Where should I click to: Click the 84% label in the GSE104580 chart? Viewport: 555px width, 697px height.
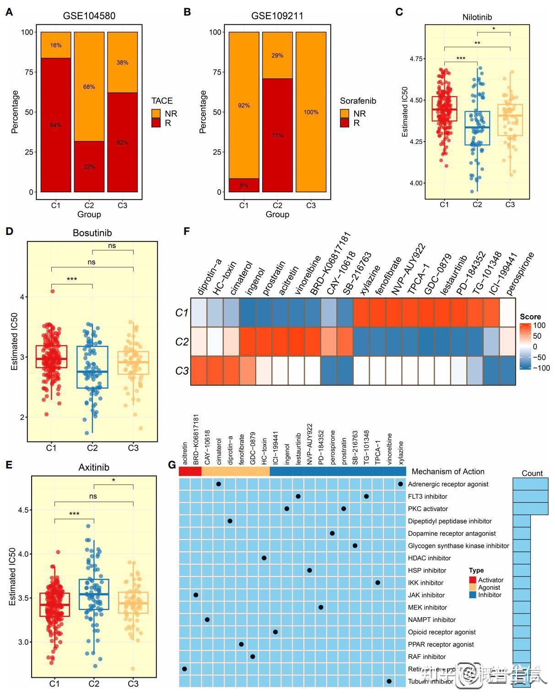pos(56,125)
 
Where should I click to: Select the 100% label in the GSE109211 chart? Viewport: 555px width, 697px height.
pos(311,112)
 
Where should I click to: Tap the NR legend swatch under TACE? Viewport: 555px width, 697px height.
pos(156,114)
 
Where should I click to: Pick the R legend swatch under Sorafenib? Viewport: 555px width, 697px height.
pos(345,123)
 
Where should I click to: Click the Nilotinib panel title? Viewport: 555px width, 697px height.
pos(477,17)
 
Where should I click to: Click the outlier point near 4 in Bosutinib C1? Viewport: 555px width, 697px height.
pos(53,291)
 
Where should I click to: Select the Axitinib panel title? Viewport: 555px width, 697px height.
pos(94,468)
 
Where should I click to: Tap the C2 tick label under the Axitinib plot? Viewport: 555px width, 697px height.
pos(94,684)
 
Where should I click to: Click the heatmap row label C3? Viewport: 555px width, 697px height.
pos(182,370)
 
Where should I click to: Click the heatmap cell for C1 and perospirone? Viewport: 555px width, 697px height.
pos(507,312)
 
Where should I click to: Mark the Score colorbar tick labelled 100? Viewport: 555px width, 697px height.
pos(539,326)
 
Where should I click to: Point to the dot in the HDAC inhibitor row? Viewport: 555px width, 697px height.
pos(264,558)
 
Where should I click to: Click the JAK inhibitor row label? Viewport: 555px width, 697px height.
pos(426,595)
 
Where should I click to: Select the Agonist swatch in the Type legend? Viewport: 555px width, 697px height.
pos(473,588)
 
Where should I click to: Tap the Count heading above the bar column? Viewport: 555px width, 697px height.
pos(532,473)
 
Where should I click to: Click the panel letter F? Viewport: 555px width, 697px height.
pos(187,231)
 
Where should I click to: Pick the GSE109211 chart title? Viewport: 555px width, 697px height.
pos(277,16)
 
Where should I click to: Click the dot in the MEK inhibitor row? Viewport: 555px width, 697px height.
pos(321,607)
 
